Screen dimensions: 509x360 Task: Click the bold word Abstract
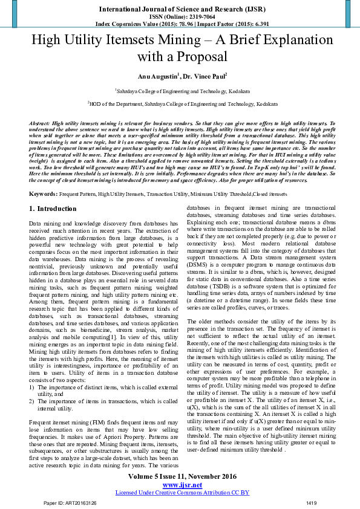pyautogui.click(x=40, y=123)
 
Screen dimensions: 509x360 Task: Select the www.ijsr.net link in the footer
pyautogui.click(x=182, y=485)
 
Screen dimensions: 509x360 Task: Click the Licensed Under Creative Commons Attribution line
pyautogui.click(x=182, y=493)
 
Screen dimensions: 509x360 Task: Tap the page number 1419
pyautogui.click(x=312, y=503)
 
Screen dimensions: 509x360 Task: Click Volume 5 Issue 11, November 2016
pyautogui.click(x=182, y=477)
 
